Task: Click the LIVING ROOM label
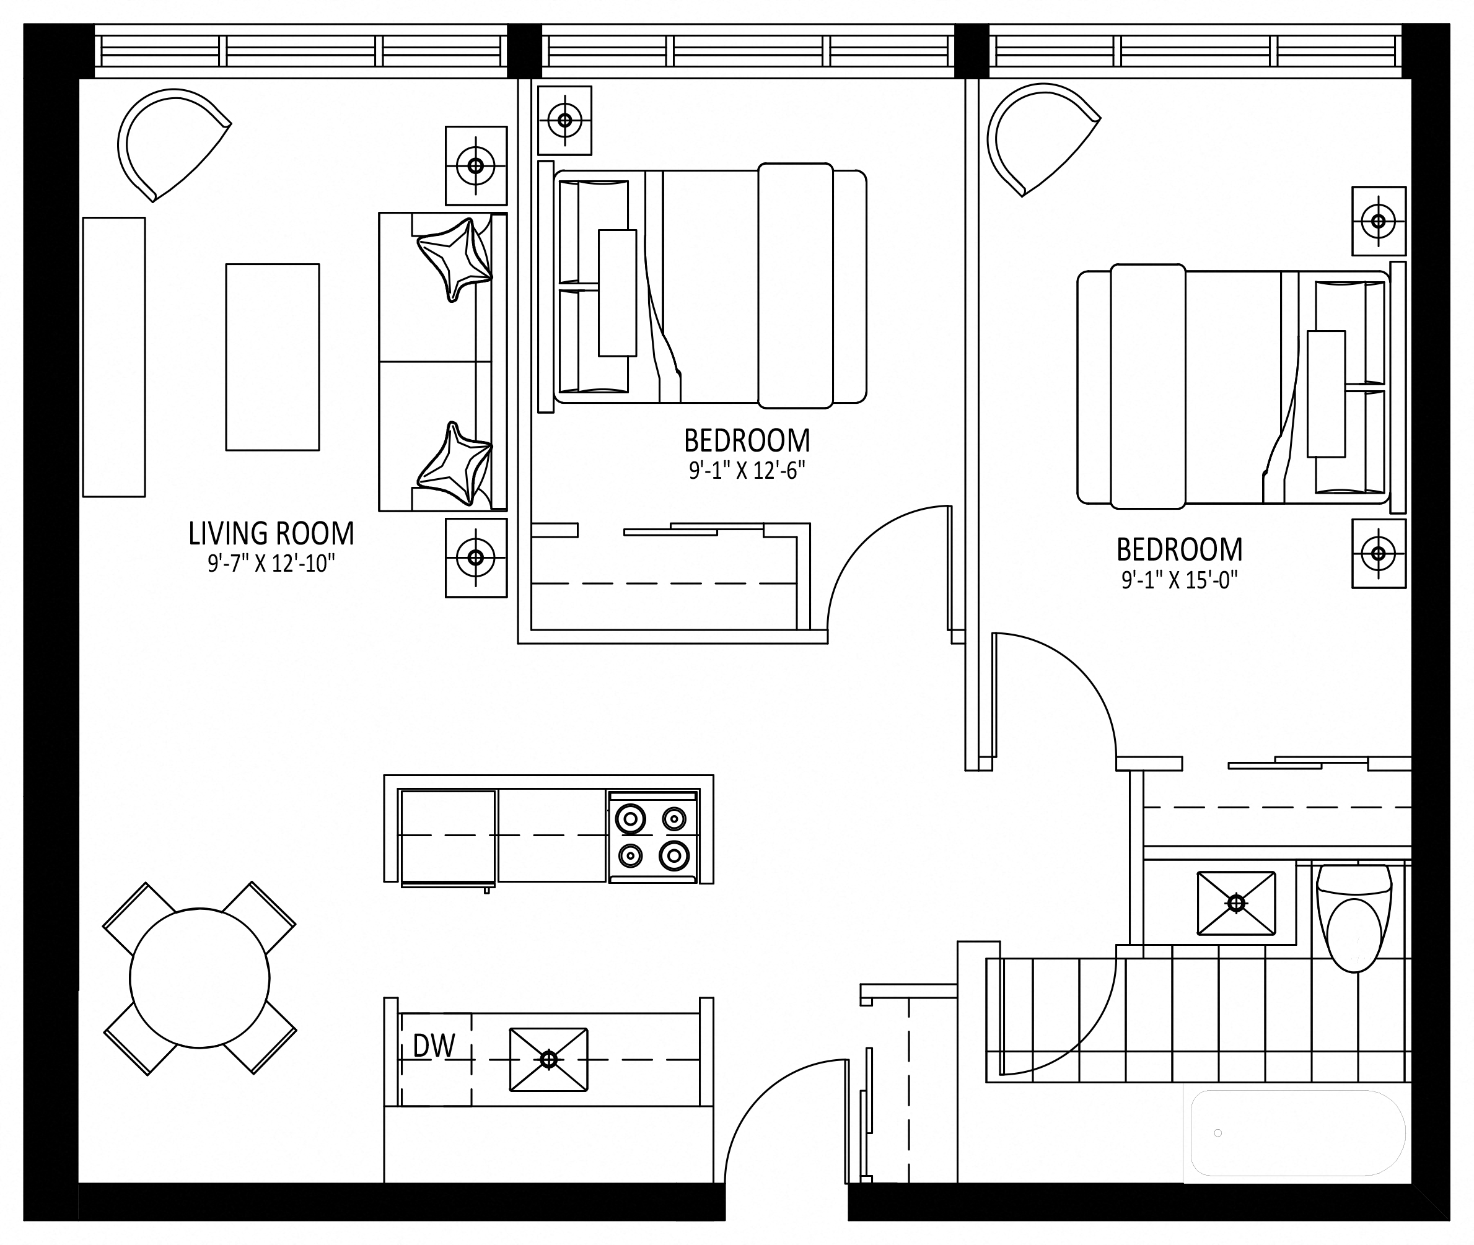(x=271, y=533)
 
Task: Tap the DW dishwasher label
(x=434, y=1046)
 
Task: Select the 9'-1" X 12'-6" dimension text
(x=747, y=470)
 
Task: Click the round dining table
(x=200, y=978)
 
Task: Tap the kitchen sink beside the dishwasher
(x=548, y=1059)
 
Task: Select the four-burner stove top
(x=653, y=837)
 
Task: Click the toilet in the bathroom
(x=1354, y=917)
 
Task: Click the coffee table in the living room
(x=273, y=357)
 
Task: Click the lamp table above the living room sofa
(x=476, y=166)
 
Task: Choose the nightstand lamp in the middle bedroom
(x=564, y=120)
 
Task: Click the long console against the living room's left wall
(x=113, y=357)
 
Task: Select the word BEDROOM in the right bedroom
(x=1180, y=549)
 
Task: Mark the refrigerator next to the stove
(x=447, y=837)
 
